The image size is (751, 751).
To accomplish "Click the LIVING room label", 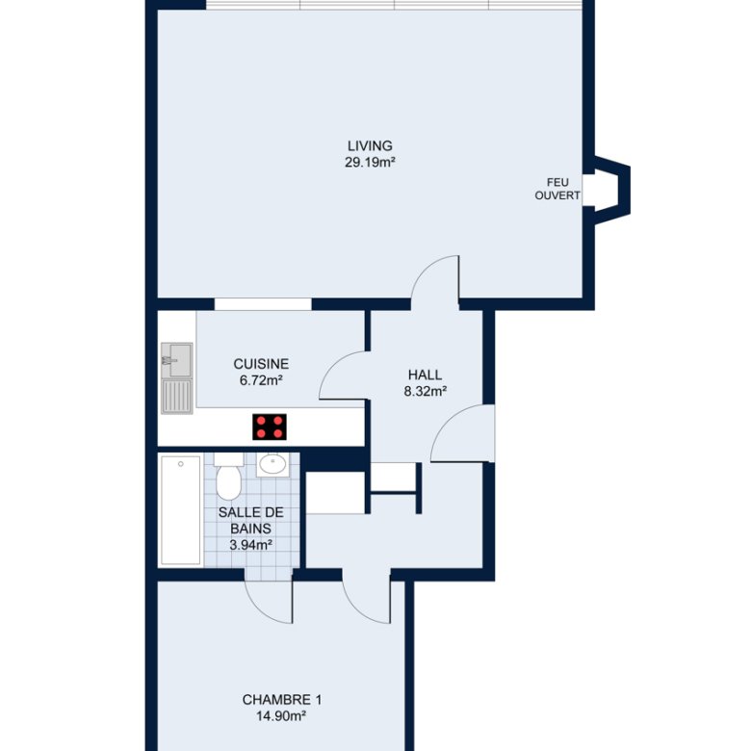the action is point(370,145).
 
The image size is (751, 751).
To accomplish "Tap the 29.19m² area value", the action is point(370,163).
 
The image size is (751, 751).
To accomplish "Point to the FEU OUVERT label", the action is point(557,189).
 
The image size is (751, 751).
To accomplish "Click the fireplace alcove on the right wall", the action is point(611,190).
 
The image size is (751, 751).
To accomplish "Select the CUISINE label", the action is point(261,364).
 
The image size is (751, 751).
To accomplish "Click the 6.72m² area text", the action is point(261,380).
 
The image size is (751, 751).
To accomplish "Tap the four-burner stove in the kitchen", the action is point(270,427).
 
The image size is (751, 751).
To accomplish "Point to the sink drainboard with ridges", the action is point(177,396).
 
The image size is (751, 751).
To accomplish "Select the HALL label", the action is point(425,375).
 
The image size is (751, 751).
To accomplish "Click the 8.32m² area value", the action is point(426,391).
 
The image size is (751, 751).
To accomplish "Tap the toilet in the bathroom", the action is point(228,477).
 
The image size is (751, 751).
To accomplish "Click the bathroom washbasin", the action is point(273,464).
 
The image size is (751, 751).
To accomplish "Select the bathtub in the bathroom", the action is point(181,510).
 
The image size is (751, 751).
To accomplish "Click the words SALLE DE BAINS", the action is point(251,521).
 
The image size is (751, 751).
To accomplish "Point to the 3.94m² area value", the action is point(251,545).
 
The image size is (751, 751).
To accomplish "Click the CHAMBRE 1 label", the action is point(281,700).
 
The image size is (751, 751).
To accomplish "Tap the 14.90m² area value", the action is point(281,716).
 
